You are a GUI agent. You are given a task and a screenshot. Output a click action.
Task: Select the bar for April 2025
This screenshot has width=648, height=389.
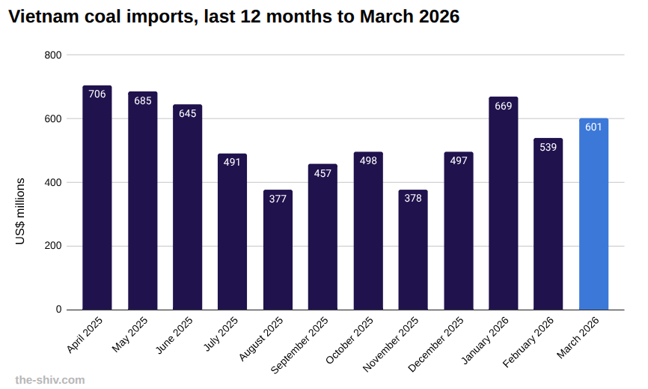[x=97, y=199]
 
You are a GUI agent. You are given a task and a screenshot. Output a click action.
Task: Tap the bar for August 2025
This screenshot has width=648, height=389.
[x=278, y=251]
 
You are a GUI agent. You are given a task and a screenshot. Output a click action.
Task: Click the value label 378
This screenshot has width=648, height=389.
[x=413, y=199]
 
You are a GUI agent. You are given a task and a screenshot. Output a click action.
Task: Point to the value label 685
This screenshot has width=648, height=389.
[x=142, y=100]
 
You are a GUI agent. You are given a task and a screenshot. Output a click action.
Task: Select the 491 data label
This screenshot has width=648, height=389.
[x=233, y=163]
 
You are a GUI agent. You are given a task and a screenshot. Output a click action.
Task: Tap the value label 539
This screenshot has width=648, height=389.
[x=548, y=147]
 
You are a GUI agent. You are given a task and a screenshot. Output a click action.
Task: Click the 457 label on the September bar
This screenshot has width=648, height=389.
[x=323, y=173]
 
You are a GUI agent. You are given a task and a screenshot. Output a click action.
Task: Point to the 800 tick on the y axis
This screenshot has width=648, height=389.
[x=53, y=55]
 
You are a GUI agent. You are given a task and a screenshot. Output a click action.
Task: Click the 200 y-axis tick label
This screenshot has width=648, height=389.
[x=53, y=246]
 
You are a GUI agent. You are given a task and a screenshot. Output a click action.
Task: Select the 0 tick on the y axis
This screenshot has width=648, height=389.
[x=58, y=310]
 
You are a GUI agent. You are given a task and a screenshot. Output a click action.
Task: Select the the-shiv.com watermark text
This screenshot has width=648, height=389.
[x=50, y=379]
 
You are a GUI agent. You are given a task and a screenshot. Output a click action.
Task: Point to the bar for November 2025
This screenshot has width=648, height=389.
[x=413, y=251]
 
